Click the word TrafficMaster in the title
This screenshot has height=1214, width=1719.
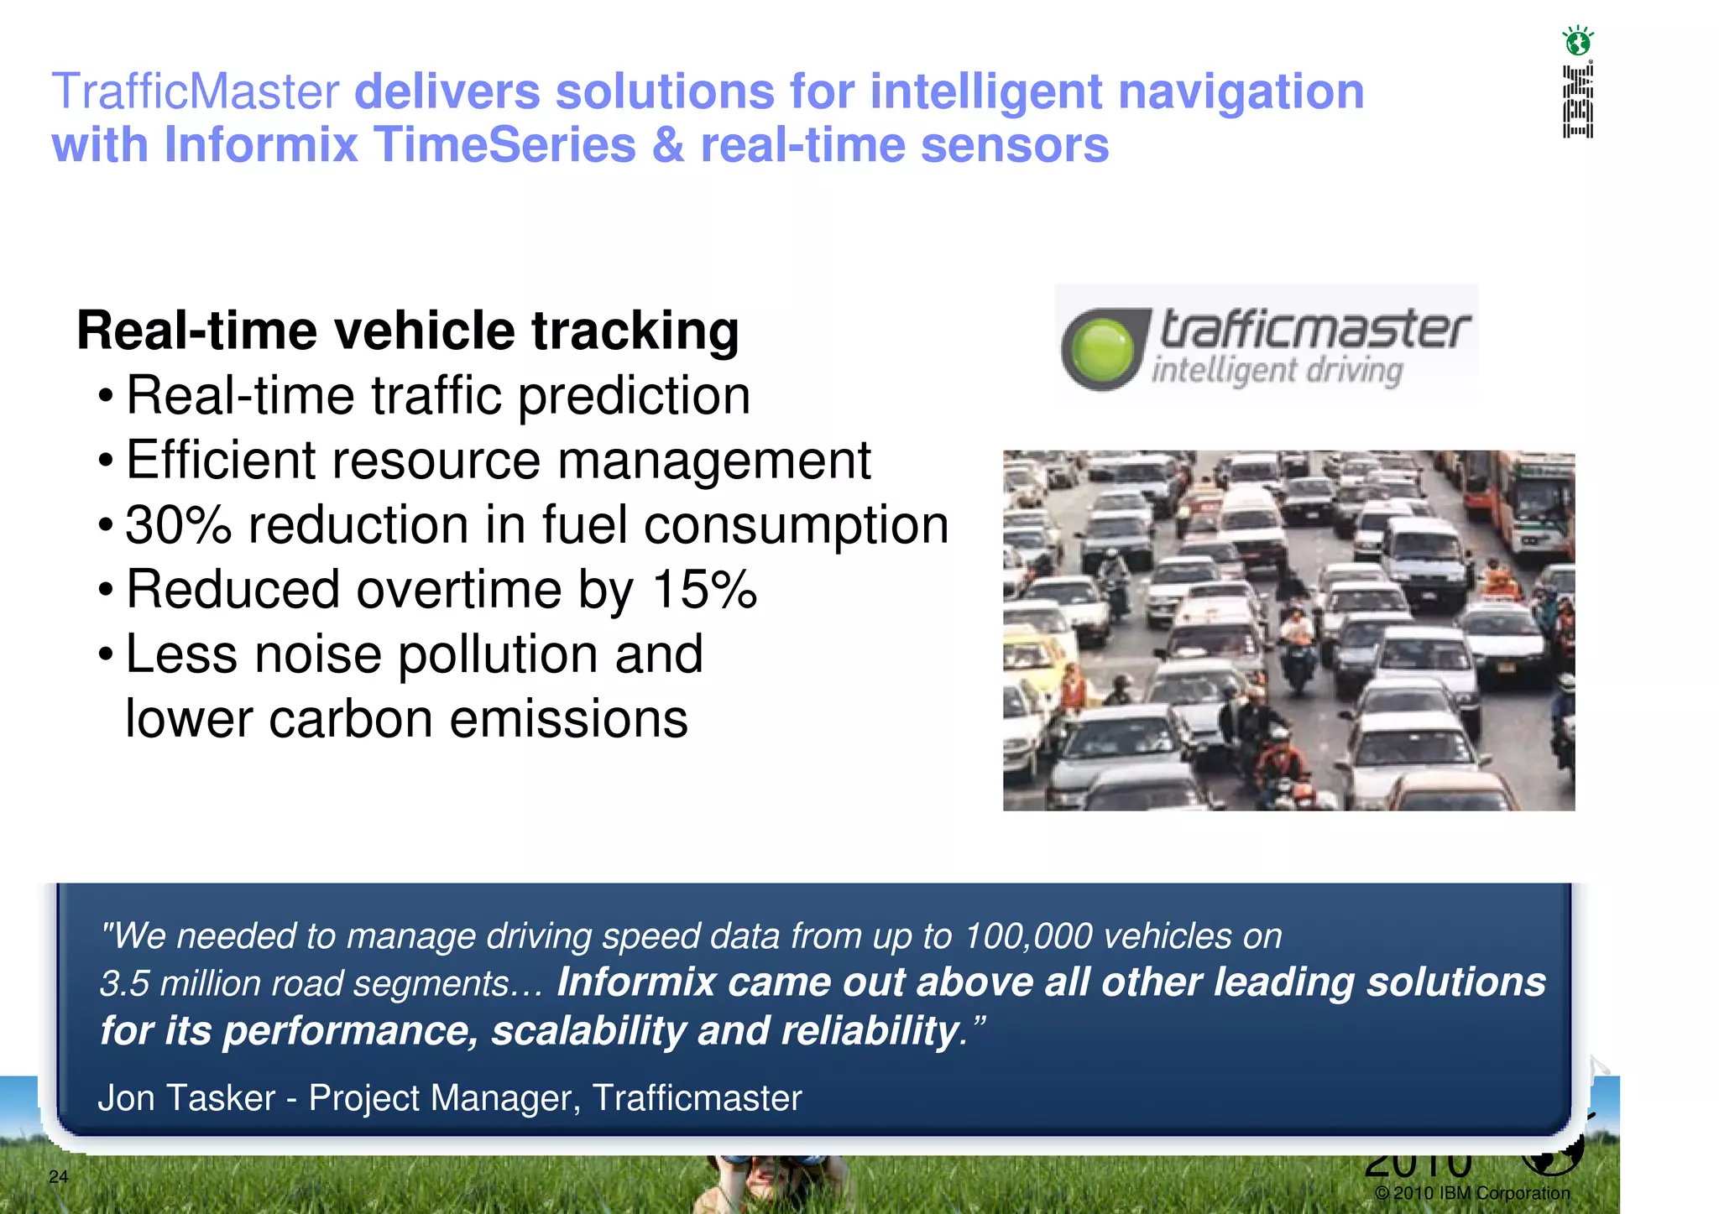click(196, 91)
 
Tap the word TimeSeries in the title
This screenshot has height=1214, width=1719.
click(504, 145)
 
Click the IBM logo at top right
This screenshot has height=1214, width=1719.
click(1577, 102)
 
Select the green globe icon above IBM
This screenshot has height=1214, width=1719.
click(1577, 40)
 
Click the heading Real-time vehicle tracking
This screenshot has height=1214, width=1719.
click(408, 330)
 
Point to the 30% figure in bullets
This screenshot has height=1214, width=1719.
click(178, 525)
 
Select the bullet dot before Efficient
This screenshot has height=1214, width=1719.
click(105, 461)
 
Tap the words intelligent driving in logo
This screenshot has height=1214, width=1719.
click(1277, 370)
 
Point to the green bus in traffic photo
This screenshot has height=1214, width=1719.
click(1541, 503)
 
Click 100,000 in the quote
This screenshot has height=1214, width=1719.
click(1028, 936)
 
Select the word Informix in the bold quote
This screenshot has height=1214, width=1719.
click(635, 982)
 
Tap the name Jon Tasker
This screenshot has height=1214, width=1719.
click(186, 1098)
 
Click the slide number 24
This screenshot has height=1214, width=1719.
click(58, 1176)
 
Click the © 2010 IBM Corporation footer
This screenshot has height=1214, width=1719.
click(1472, 1193)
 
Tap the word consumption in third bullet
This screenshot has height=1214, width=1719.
click(796, 525)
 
